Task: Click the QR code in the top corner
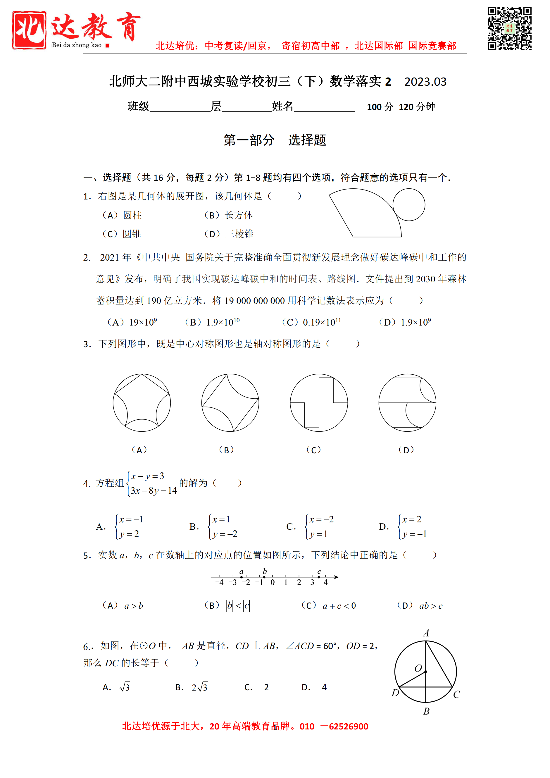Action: [509, 28]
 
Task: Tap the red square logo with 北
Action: [29, 30]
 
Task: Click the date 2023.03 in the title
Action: [425, 82]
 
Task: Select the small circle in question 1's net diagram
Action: [409, 205]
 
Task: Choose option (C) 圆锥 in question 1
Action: [122, 234]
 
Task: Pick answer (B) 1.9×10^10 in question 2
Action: [212, 322]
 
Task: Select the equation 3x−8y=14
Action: [154, 491]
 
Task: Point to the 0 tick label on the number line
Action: [273, 583]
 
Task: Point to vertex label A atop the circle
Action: [426, 633]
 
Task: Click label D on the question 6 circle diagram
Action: [395, 693]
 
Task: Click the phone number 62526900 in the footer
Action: [349, 726]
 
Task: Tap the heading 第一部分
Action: [249, 140]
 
